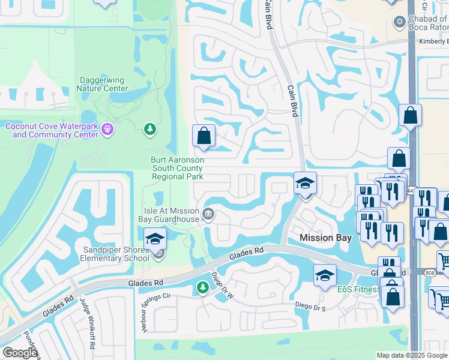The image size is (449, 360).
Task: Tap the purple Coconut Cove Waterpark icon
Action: pos(107,129)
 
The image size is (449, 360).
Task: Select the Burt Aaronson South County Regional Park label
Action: pos(178,169)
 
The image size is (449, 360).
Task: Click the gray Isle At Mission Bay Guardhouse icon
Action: pos(208,214)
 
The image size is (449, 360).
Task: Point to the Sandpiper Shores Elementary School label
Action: pos(115,254)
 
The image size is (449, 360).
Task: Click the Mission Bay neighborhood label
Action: pos(325,238)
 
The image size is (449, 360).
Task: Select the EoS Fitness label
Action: pos(358,290)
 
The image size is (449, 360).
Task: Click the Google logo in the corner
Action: pos(20,353)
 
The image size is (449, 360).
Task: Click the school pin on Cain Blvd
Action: pos(305,183)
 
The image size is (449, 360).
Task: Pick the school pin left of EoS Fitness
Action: pos(325,275)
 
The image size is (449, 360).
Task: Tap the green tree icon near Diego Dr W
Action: pos(202,288)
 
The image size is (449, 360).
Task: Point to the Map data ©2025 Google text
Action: pos(411,355)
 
